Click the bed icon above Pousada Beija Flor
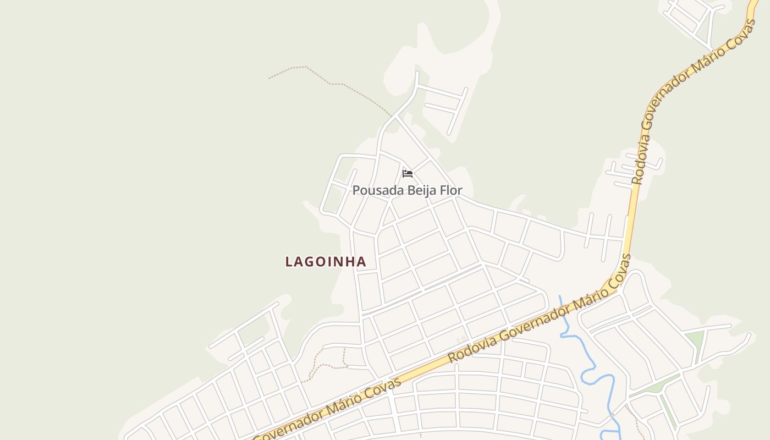pos(407,174)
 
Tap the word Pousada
pos(371,190)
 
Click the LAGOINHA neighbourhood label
pos(326,262)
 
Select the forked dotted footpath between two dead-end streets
pos(330,364)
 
